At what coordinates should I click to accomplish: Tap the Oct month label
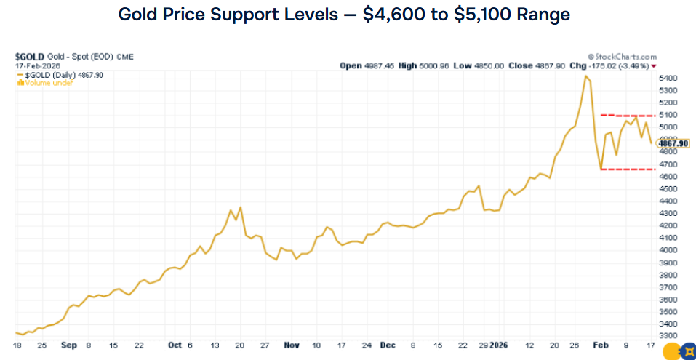point(175,345)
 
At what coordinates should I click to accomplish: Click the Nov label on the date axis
point(291,345)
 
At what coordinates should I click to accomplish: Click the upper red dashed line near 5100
point(629,115)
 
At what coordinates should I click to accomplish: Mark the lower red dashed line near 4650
point(629,169)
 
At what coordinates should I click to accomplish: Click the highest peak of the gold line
point(586,76)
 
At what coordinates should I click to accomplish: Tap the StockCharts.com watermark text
point(625,56)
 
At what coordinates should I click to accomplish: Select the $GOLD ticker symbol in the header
point(27,57)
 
